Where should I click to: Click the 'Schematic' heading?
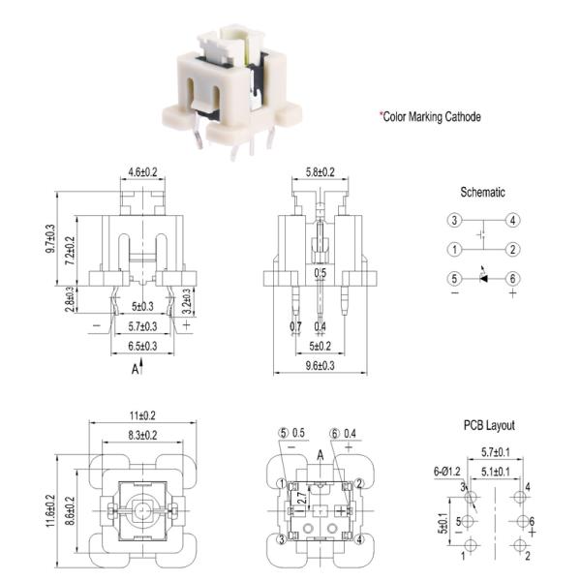(482, 192)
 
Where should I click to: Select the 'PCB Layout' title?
(489, 425)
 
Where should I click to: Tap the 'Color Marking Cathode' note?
(431, 117)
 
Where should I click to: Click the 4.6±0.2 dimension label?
(142, 172)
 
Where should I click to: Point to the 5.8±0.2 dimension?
(321, 172)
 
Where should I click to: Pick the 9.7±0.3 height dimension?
(49, 238)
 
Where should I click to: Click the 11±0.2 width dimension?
(142, 415)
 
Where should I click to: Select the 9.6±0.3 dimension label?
(321, 366)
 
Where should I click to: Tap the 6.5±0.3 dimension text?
(142, 346)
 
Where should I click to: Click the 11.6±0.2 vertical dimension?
(49, 510)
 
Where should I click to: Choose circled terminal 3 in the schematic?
(455, 220)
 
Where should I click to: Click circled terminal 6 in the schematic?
(513, 279)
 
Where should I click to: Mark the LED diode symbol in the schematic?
(483, 277)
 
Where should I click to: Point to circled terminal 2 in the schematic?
(513, 250)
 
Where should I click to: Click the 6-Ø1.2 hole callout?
(447, 472)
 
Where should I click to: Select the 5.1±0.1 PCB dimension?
(496, 472)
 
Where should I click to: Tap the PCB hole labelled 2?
(520, 545)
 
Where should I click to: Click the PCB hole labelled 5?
(469, 521)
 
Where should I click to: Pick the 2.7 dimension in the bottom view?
(302, 498)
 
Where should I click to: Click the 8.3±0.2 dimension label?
(142, 435)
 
